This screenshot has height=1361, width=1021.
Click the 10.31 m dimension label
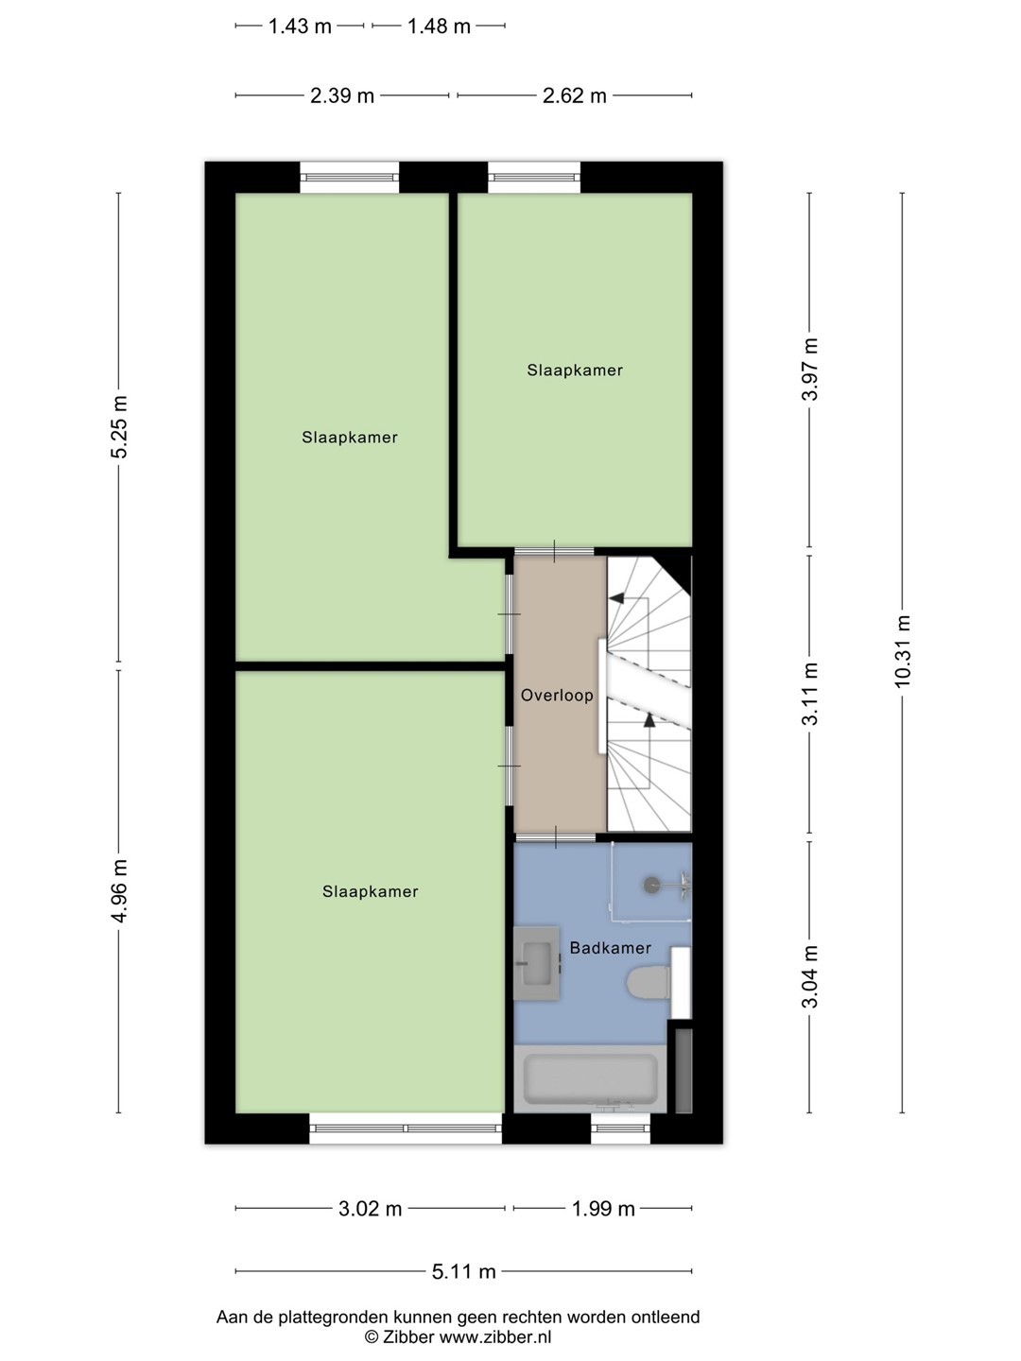pyautogui.click(x=902, y=650)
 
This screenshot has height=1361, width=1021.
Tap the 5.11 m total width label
pyautogui.click(x=463, y=1272)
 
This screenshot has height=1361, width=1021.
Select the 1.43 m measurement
pyautogui.click(x=300, y=26)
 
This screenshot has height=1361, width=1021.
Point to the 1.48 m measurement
pyautogui.click(x=439, y=26)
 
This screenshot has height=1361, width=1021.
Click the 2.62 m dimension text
pyautogui.click(x=575, y=96)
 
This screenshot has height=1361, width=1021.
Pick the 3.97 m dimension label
pyautogui.click(x=810, y=370)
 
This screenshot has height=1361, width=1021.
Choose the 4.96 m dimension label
pyautogui.click(x=120, y=891)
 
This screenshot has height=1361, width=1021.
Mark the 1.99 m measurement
pyautogui.click(x=603, y=1209)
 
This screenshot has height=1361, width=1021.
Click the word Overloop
pyautogui.click(x=557, y=695)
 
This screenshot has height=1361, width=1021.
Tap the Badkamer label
pyautogui.click(x=610, y=948)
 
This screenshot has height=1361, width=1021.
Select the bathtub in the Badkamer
pyautogui.click(x=590, y=1079)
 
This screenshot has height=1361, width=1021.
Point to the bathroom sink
pyautogui.click(x=537, y=963)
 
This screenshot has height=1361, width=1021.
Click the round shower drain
pyautogui.click(x=651, y=885)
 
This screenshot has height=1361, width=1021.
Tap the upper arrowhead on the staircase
pyautogui.click(x=616, y=597)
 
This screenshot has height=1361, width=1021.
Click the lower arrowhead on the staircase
pyautogui.click(x=649, y=720)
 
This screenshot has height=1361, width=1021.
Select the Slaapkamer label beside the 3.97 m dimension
pyautogui.click(x=575, y=370)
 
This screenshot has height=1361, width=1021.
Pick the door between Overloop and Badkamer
pyautogui.click(x=556, y=837)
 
